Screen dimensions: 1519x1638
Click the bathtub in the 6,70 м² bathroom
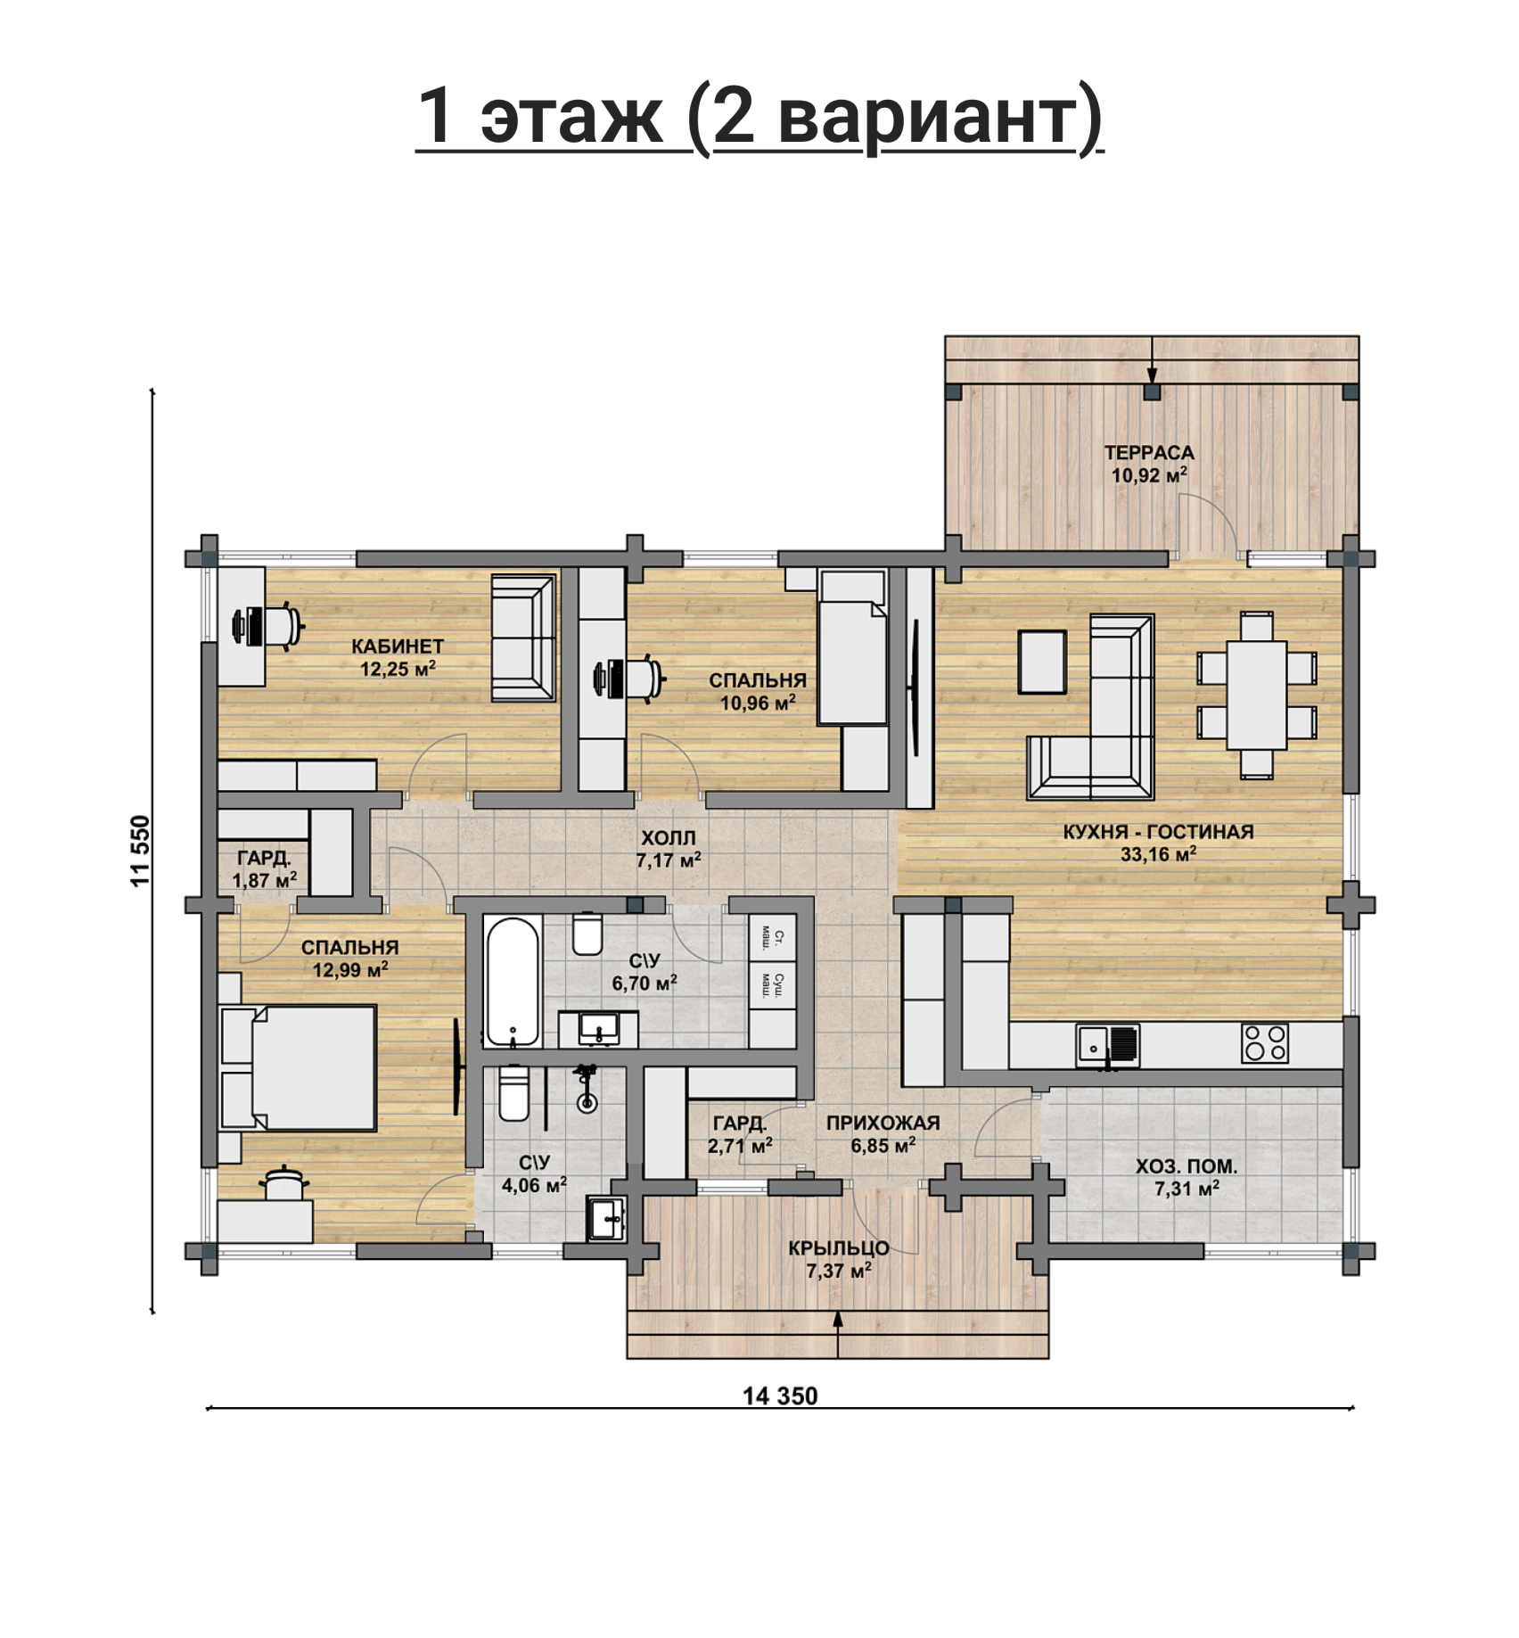513,981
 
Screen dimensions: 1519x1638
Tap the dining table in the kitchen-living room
1256,695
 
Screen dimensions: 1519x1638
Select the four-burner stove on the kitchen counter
1264,1042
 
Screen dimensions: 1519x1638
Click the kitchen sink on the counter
1107,1044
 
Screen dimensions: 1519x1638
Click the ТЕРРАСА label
1149,453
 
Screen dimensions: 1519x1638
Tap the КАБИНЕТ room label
398,646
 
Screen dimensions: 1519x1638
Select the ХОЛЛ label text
669,838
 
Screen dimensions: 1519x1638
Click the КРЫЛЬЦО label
838,1248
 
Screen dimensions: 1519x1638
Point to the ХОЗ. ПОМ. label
1186,1166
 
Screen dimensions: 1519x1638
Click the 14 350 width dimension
780,1396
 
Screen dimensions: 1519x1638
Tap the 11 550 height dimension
141,851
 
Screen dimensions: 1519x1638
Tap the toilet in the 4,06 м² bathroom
513,1093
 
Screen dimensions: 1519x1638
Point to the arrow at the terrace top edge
1152,360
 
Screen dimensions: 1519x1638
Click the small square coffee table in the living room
1042,662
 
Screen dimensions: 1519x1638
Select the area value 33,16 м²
1158,854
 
